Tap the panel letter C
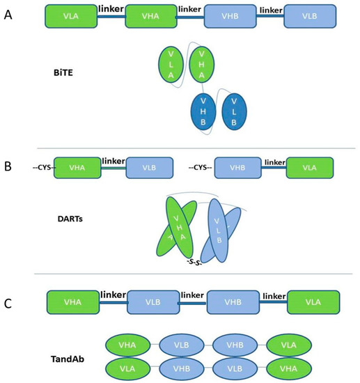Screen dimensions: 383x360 click(x=9, y=283)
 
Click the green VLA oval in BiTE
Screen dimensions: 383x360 click(x=171, y=68)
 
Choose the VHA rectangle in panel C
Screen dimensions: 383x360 click(x=72, y=305)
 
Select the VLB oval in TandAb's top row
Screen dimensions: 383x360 click(x=180, y=345)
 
